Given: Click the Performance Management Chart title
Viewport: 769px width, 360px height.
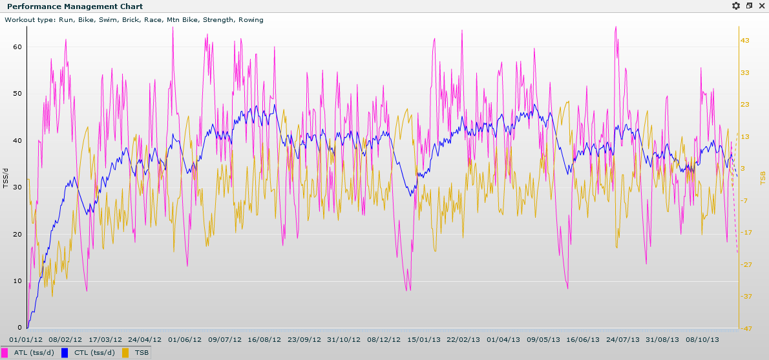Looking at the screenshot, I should click(58, 6).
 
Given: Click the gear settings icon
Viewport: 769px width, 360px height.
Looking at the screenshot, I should click(736, 6).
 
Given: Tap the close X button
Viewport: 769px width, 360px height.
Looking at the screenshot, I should click(762, 6).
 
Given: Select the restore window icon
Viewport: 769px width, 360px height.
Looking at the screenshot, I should click(749, 6).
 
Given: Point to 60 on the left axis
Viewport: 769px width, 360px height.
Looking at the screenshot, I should click(17, 47).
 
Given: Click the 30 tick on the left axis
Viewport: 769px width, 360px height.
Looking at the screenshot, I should click(17, 187).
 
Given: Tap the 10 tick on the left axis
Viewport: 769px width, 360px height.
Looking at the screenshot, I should click(17, 281).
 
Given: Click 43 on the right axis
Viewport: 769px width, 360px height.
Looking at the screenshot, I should click(745, 41).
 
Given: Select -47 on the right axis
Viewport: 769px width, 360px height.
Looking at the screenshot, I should click(746, 328).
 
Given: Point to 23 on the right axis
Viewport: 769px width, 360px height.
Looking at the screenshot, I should click(745, 105).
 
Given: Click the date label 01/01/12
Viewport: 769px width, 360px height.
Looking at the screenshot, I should click(26, 339).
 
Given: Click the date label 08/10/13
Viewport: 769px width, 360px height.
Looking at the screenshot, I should click(702, 339).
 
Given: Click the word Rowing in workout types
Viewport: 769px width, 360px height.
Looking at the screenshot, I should click(251, 20).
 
